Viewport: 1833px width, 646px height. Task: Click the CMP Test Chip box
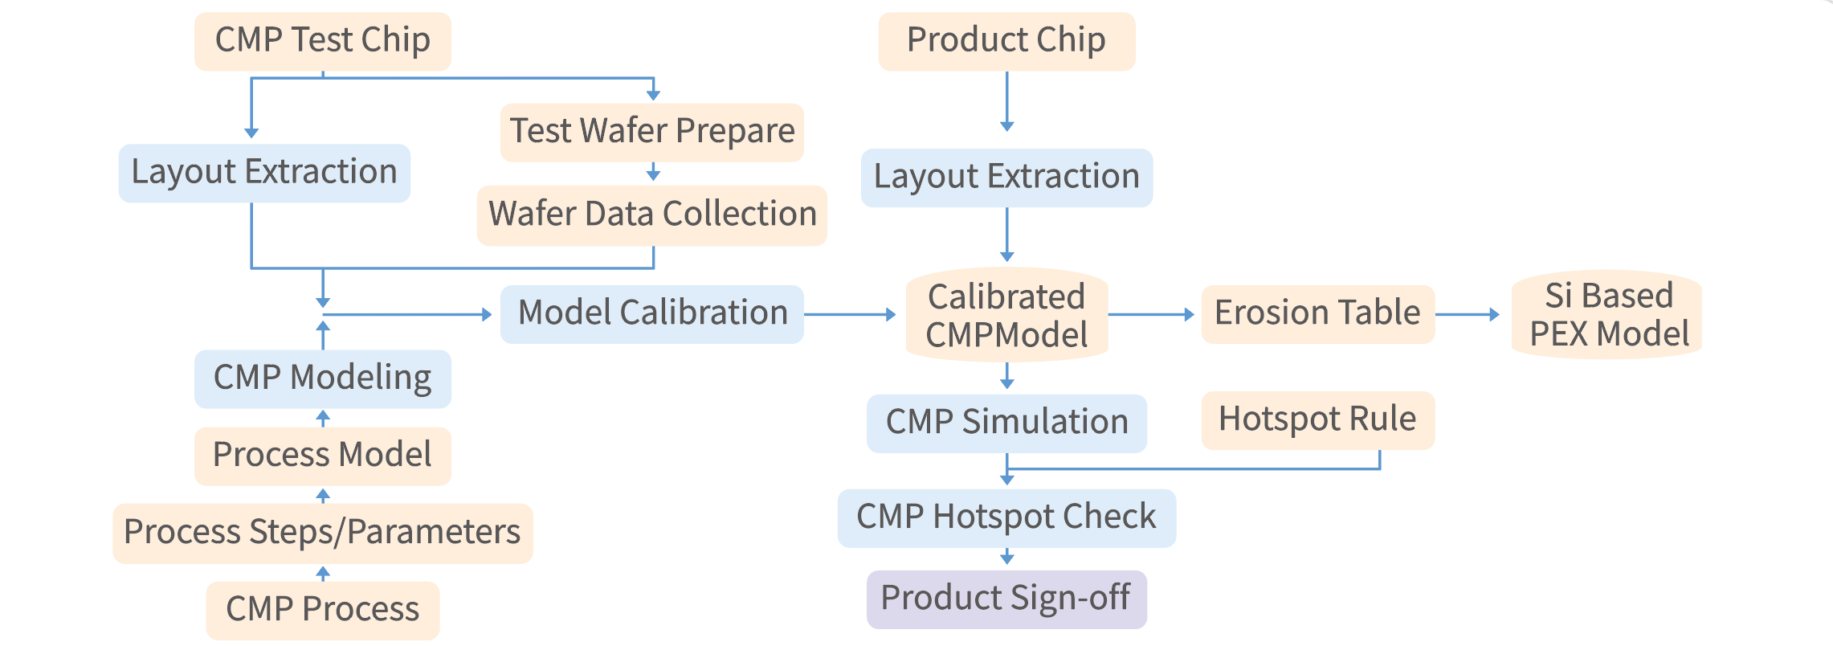click(x=322, y=41)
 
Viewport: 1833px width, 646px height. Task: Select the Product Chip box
click(x=1006, y=41)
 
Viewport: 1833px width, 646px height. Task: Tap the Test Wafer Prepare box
click(x=652, y=132)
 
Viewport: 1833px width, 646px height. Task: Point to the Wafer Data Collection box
click(x=652, y=215)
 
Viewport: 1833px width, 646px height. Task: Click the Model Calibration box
click(x=652, y=313)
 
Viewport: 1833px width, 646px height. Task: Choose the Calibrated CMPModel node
click(x=1006, y=315)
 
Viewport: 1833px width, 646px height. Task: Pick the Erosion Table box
click(x=1317, y=313)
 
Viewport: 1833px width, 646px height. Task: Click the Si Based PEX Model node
click(x=1608, y=315)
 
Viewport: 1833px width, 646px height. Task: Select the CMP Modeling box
click(x=322, y=378)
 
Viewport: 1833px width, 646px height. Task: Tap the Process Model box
click(x=322, y=456)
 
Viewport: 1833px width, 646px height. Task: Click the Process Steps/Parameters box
click(x=322, y=533)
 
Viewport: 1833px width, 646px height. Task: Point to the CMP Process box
click(x=322, y=610)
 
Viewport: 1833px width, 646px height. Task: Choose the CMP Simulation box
click(x=1006, y=423)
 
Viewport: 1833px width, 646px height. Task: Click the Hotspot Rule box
click(x=1317, y=419)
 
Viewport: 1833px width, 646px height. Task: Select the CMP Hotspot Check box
click(x=1006, y=517)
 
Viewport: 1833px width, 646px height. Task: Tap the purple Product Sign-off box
click(x=1006, y=599)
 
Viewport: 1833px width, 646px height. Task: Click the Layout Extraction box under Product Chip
click(x=1006, y=178)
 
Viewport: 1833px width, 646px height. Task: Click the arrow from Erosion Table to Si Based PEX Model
click(x=1467, y=314)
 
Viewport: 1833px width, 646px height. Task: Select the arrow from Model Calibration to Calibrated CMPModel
click(x=850, y=314)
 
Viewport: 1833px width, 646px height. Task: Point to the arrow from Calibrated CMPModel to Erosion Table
click(x=1151, y=314)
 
